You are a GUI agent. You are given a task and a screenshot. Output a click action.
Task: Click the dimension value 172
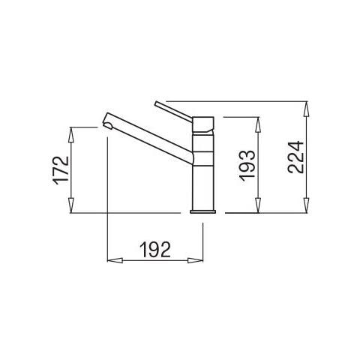(x=61, y=170)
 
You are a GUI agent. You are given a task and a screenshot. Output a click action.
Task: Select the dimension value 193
(x=247, y=165)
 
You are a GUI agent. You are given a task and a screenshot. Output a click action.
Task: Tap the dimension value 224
(x=295, y=157)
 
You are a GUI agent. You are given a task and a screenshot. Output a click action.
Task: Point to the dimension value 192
(x=155, y=250)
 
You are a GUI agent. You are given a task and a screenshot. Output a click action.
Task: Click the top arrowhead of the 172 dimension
(x=71, y=134)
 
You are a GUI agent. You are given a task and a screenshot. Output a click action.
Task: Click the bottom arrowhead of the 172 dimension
(x=71, y=205)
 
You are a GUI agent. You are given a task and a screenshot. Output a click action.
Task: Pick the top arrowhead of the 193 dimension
(x=258, y=124)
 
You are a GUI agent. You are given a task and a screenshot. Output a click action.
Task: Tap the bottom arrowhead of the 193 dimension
(x=258, y=205)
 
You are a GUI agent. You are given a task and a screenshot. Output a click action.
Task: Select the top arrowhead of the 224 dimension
(x=307, y=109)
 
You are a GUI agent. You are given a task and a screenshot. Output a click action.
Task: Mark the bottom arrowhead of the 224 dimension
(x=307, y=205)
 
